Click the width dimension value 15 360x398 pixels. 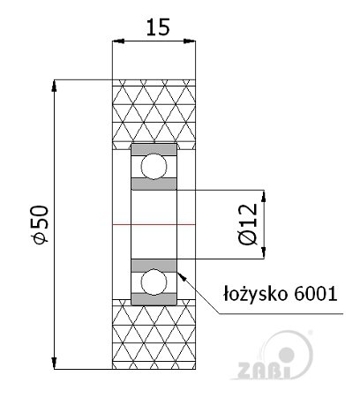158,27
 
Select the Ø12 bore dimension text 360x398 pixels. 248,224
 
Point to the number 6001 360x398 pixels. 315,294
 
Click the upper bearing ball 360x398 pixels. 154,167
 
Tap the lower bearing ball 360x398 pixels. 154,282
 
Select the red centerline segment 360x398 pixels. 154,224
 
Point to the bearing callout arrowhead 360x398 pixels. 182,276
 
